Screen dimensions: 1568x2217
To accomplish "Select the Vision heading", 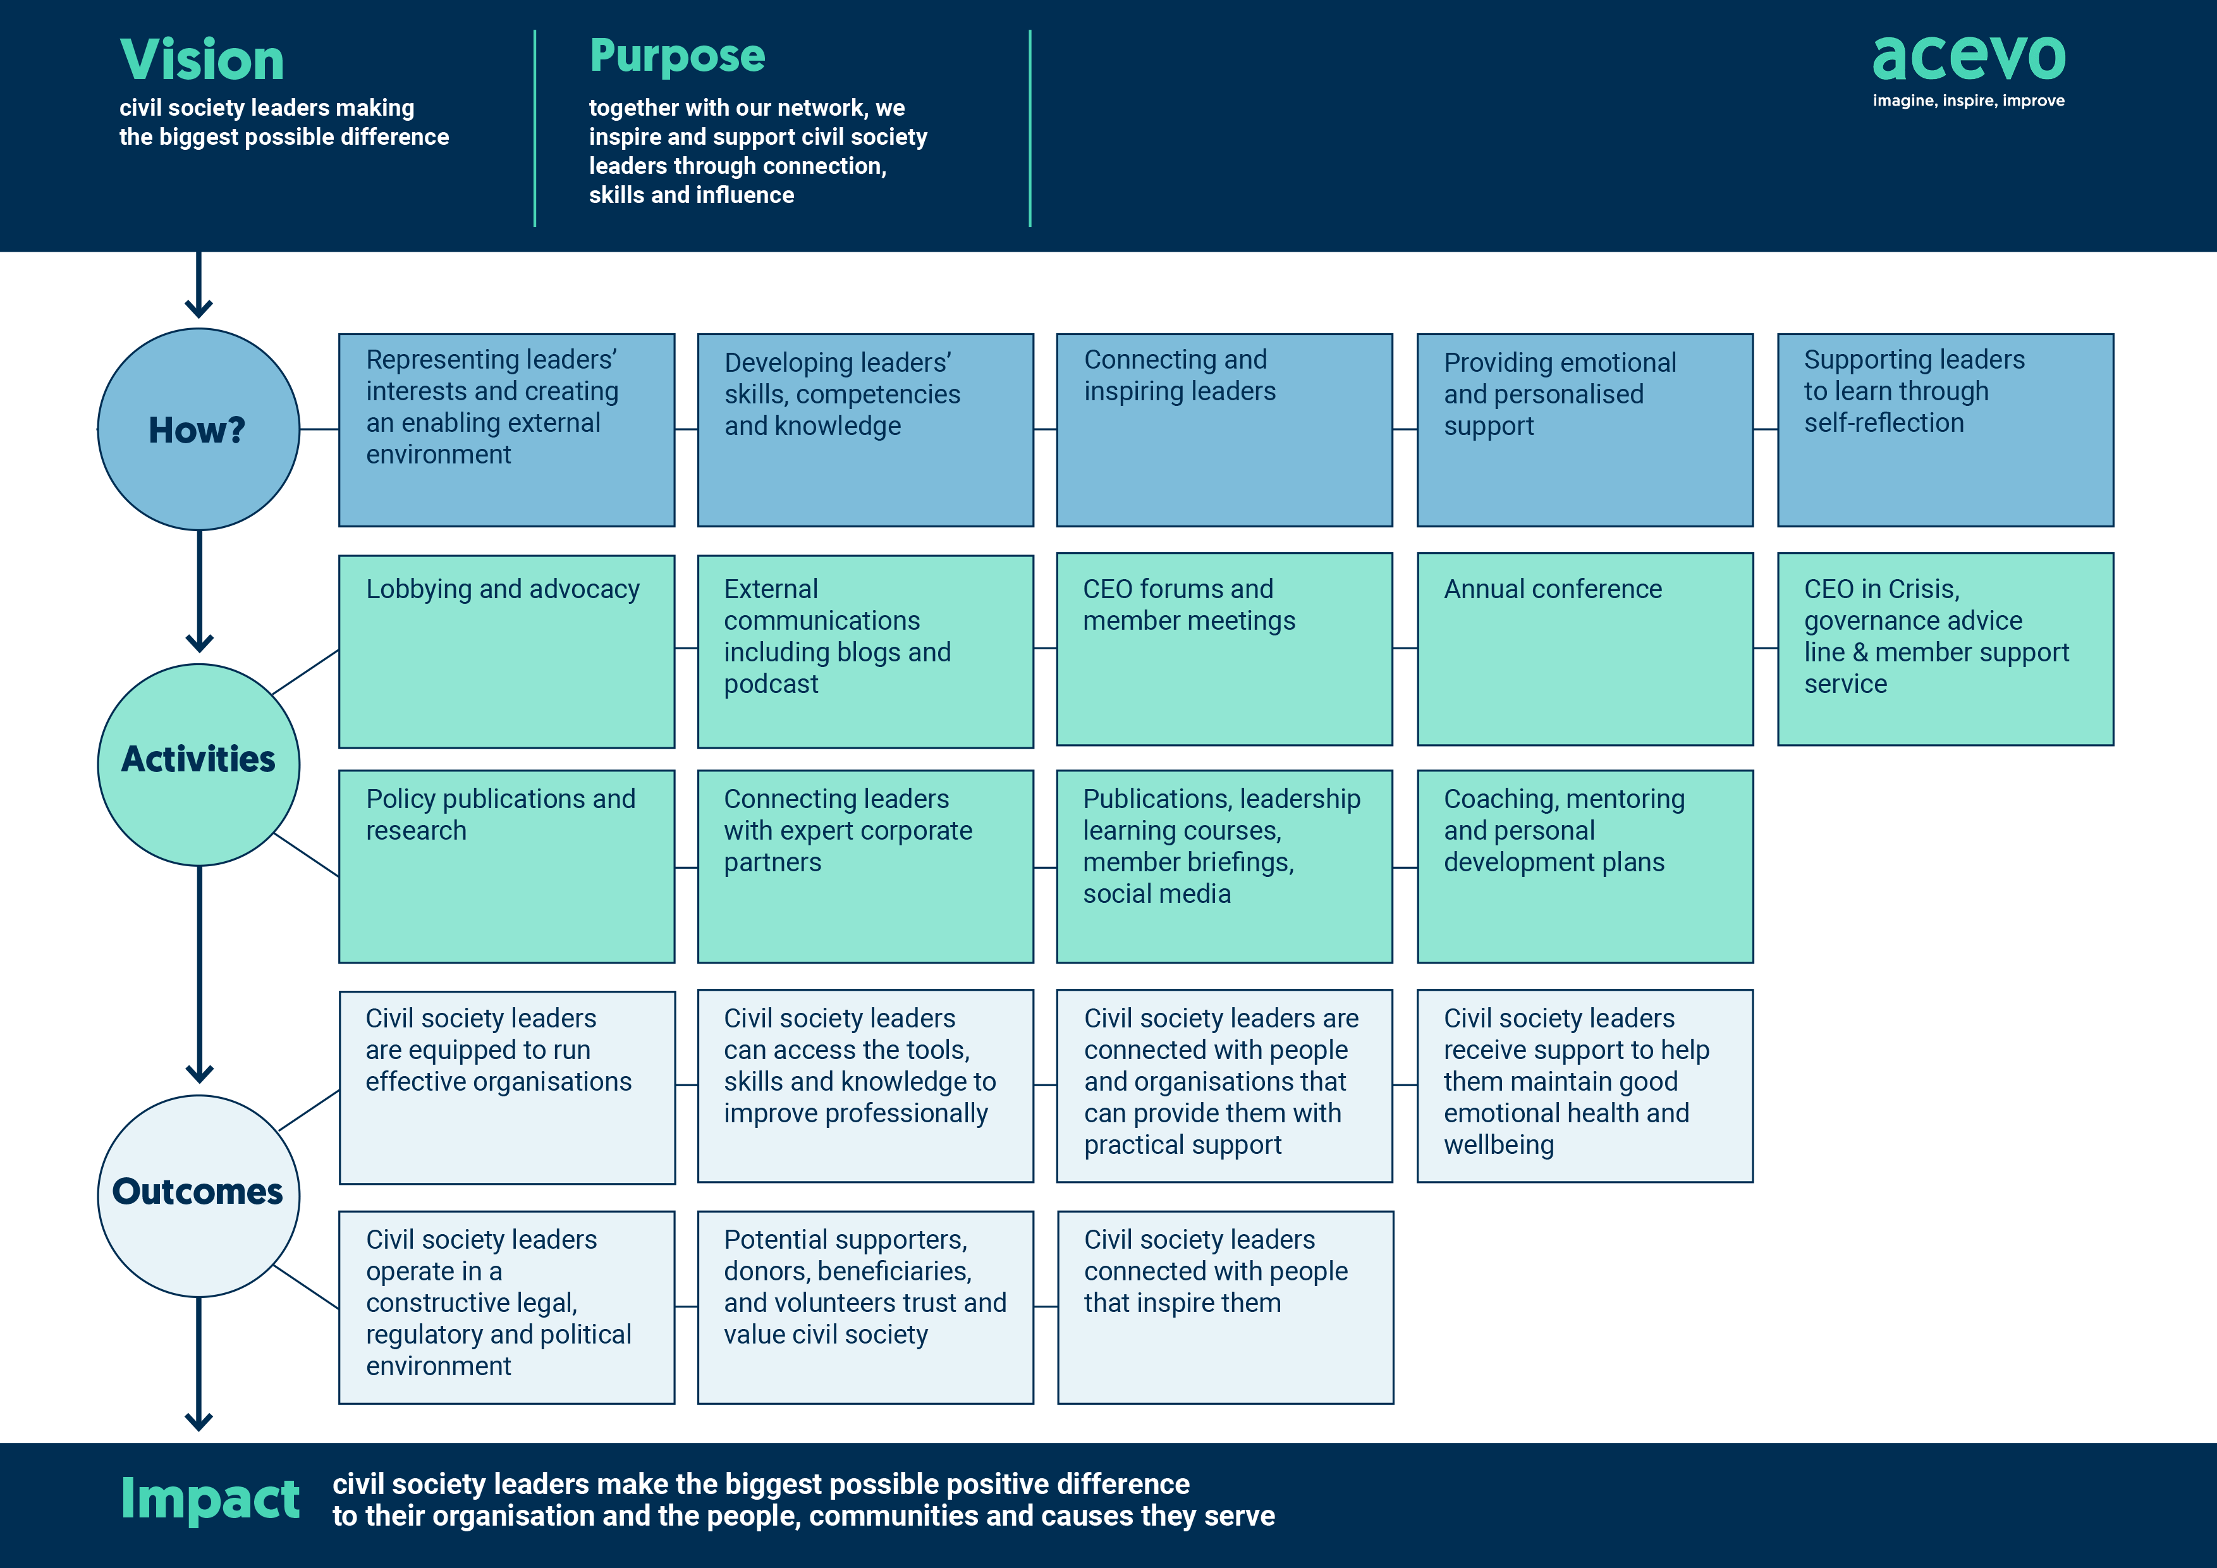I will click(x=202, y=60).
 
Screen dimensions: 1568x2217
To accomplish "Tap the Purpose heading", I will click(x=677, y=56).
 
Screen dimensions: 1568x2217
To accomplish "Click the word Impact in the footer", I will click(x=209, y=1500).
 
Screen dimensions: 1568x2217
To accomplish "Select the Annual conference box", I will click(x=1585, y=649).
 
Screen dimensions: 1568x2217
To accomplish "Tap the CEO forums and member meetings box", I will click(x=1225, y=649).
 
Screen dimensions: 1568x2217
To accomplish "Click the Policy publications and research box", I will click(x=506, y=866).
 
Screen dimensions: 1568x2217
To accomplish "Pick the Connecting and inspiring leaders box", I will click(x=1225, y=430).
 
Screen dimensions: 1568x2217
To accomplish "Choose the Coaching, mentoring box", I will click(x=1585, y=866).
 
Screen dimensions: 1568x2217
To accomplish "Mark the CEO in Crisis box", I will click(x=1945, y=649).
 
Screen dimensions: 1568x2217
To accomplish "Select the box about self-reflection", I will click(x=1945, y=430).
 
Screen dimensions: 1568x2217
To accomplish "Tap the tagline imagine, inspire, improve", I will click(x=1968, y=101).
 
